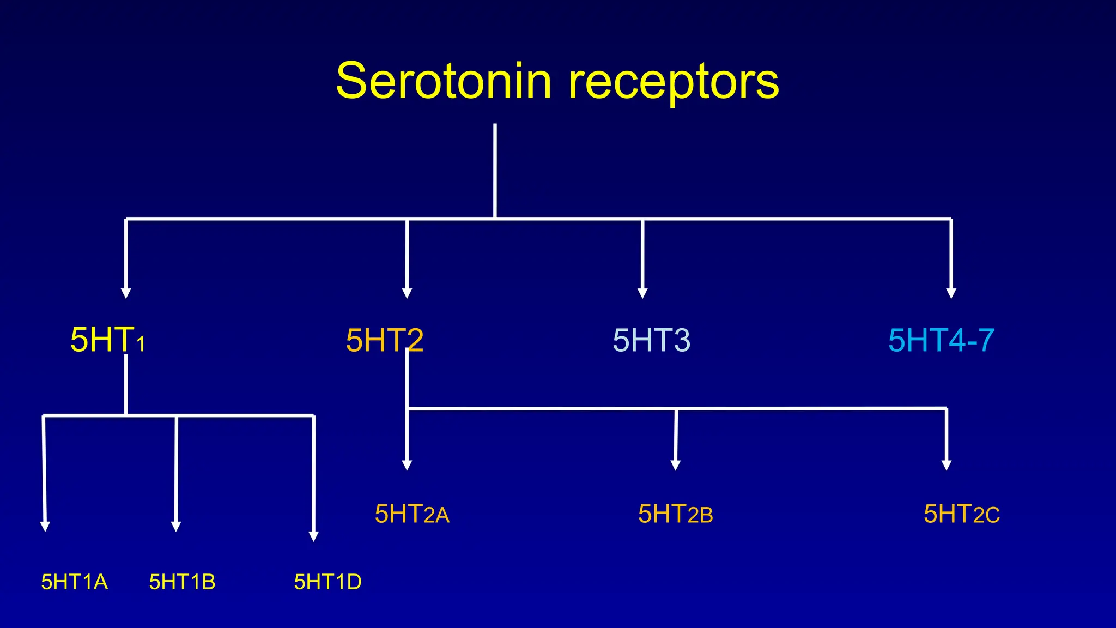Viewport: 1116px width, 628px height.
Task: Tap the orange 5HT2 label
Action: click(384, 340)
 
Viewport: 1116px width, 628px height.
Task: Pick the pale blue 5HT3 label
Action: click(651, 340)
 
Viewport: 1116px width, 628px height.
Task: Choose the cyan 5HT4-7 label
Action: click(941, 340)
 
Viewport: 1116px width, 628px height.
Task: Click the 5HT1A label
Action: click(75, 582)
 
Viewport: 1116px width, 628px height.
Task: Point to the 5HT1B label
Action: click(182, 582)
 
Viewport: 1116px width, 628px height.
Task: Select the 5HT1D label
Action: click(327, 582)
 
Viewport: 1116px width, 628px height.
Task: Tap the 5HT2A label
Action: click(412, 514)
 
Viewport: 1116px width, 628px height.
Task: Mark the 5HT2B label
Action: click(675, 514)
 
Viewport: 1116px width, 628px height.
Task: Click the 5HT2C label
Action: click(961, 514)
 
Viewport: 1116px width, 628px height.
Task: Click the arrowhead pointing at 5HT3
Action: click(642, 293)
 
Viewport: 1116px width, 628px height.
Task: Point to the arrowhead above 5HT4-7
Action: click(951, 293)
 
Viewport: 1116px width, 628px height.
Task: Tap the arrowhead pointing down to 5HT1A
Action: click(45, 526)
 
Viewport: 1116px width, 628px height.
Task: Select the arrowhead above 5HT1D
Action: click(313, 536)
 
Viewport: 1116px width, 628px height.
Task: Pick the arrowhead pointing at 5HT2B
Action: click(675, 465)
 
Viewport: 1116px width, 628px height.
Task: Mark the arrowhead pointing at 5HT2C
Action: click(947, 465)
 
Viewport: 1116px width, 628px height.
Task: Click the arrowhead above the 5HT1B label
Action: click(175, 526)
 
